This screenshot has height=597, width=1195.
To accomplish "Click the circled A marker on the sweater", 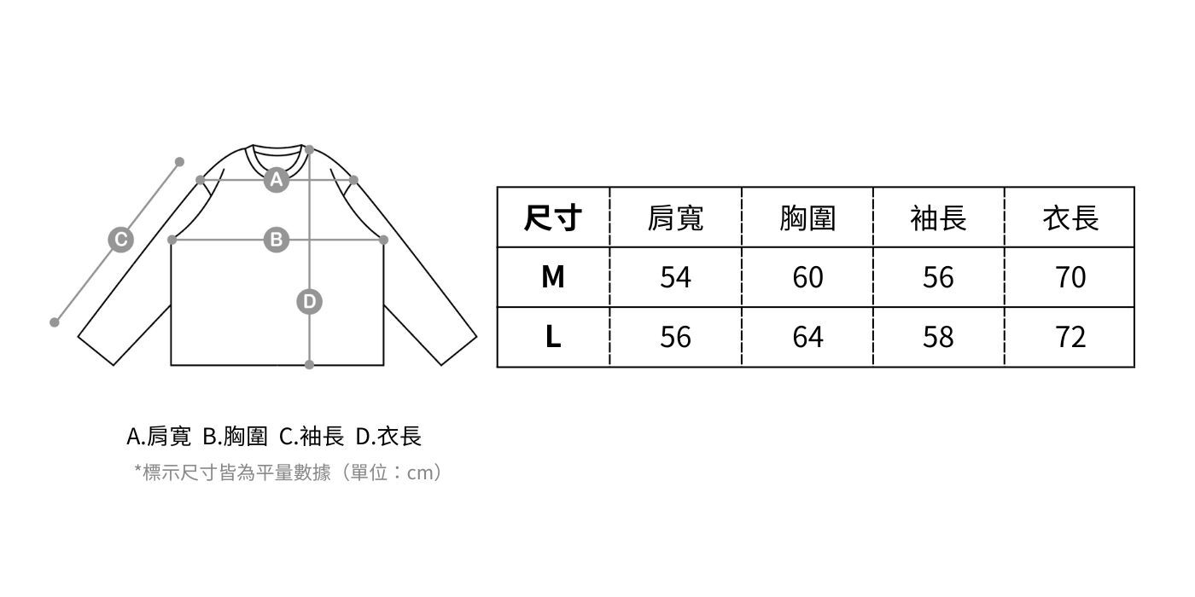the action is pos(276,180).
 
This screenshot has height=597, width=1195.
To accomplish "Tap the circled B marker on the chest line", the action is pos(276,240).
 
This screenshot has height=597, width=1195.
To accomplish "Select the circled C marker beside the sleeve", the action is pos(120,240).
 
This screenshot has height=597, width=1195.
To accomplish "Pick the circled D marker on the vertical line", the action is pos(309,301).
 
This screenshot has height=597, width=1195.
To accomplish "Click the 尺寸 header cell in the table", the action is pos(552,218).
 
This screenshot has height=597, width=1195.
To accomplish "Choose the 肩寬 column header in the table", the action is pos(675,218).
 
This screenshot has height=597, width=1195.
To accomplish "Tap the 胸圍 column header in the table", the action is pos(807,218).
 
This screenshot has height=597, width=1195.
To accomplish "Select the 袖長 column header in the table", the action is pos(938,218).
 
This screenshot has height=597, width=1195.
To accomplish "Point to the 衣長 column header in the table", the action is pos(1070,218).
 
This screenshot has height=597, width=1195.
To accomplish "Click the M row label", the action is pos(552,277).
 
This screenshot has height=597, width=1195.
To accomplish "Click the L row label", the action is pos(552,337).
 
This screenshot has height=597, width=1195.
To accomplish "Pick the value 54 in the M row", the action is pos(675,277).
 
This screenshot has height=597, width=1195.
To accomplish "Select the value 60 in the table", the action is pos(807,277).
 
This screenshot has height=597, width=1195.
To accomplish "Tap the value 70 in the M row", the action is pos(1070,277).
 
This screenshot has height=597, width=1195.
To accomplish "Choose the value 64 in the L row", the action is pos(807,337).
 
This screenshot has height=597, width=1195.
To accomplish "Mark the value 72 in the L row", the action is pos(1070,337).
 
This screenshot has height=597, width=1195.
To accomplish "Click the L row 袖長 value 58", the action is pos(938,337).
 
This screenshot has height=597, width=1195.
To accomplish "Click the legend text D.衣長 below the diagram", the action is pos(388,437).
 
